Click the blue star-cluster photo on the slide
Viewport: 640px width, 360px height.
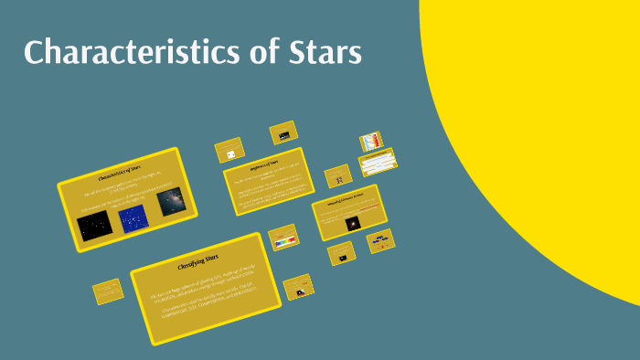click(134, 219)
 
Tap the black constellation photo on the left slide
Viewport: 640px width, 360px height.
click(93, 227)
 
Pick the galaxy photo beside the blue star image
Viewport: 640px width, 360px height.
click(171, 202)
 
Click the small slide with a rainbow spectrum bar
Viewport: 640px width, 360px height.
click(284, 239)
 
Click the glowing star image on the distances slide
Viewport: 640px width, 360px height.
click(352, 223)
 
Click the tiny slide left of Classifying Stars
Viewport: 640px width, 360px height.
click(108, 291)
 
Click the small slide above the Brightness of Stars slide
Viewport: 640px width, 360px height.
click(285, 133)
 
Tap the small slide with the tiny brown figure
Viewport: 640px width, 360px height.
click(338, 175)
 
